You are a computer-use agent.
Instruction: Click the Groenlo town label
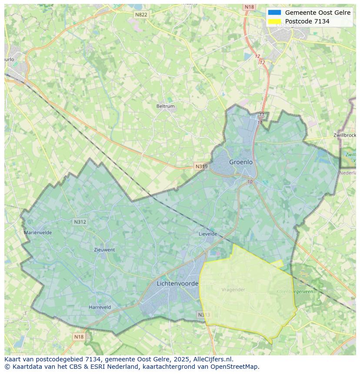point(241,162)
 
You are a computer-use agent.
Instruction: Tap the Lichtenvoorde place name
point(177,284)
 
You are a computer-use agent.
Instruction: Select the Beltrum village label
point(165,106)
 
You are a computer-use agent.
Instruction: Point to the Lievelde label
point(208,234)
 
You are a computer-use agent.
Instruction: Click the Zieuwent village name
point(104,250)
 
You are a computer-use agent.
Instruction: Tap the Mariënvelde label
point(38,232)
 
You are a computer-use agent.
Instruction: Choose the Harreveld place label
point(100,307)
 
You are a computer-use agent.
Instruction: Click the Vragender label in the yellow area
point(233,290)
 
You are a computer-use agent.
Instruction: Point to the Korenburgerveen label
point(294,292)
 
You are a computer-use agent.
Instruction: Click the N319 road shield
point(201,166)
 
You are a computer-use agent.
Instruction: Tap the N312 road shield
point(80,222)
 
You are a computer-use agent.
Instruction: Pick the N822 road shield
point(141,15)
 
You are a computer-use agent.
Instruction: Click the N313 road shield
point(203,315)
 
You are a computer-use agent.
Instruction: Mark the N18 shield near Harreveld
point(79,337)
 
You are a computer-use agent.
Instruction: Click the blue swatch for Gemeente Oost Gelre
point(275,13)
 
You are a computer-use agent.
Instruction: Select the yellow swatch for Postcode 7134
point(275,21)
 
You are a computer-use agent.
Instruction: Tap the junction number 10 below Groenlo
point(250,182)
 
